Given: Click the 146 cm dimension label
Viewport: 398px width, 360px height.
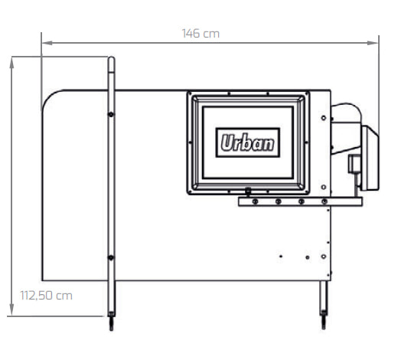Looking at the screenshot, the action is [201, 34].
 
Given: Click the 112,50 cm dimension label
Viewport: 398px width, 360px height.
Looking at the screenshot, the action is [46, 296].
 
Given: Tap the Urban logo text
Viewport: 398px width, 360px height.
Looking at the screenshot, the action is [247, 142].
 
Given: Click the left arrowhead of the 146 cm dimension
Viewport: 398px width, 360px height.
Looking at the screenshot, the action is [47, 43].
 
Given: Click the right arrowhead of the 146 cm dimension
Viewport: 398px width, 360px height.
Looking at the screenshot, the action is [373, 43].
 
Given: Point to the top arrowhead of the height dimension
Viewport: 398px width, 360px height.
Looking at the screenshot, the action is [11, 63].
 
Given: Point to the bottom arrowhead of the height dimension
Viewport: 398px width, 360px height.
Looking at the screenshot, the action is [11, 310].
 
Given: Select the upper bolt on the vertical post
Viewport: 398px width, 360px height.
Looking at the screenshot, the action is [111, 114].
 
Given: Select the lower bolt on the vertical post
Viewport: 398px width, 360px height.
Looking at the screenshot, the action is [111, 257].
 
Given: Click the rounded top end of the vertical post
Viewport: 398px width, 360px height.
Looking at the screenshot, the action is [112, 59].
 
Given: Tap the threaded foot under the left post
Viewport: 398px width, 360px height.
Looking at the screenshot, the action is [112, 323].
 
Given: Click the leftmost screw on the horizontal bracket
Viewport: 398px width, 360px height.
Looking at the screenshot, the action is [255, 201].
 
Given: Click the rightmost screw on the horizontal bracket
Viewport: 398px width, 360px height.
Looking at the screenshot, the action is [325, 201].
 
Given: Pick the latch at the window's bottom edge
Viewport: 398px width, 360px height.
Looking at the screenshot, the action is [248, 191].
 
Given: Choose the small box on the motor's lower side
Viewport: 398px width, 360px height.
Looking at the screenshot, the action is [354, 164].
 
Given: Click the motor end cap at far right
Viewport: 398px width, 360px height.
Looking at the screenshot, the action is [370, 159].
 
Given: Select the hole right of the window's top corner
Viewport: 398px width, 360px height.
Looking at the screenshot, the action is [324, 118].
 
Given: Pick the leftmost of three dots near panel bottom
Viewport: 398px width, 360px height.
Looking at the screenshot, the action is [281, 257].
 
